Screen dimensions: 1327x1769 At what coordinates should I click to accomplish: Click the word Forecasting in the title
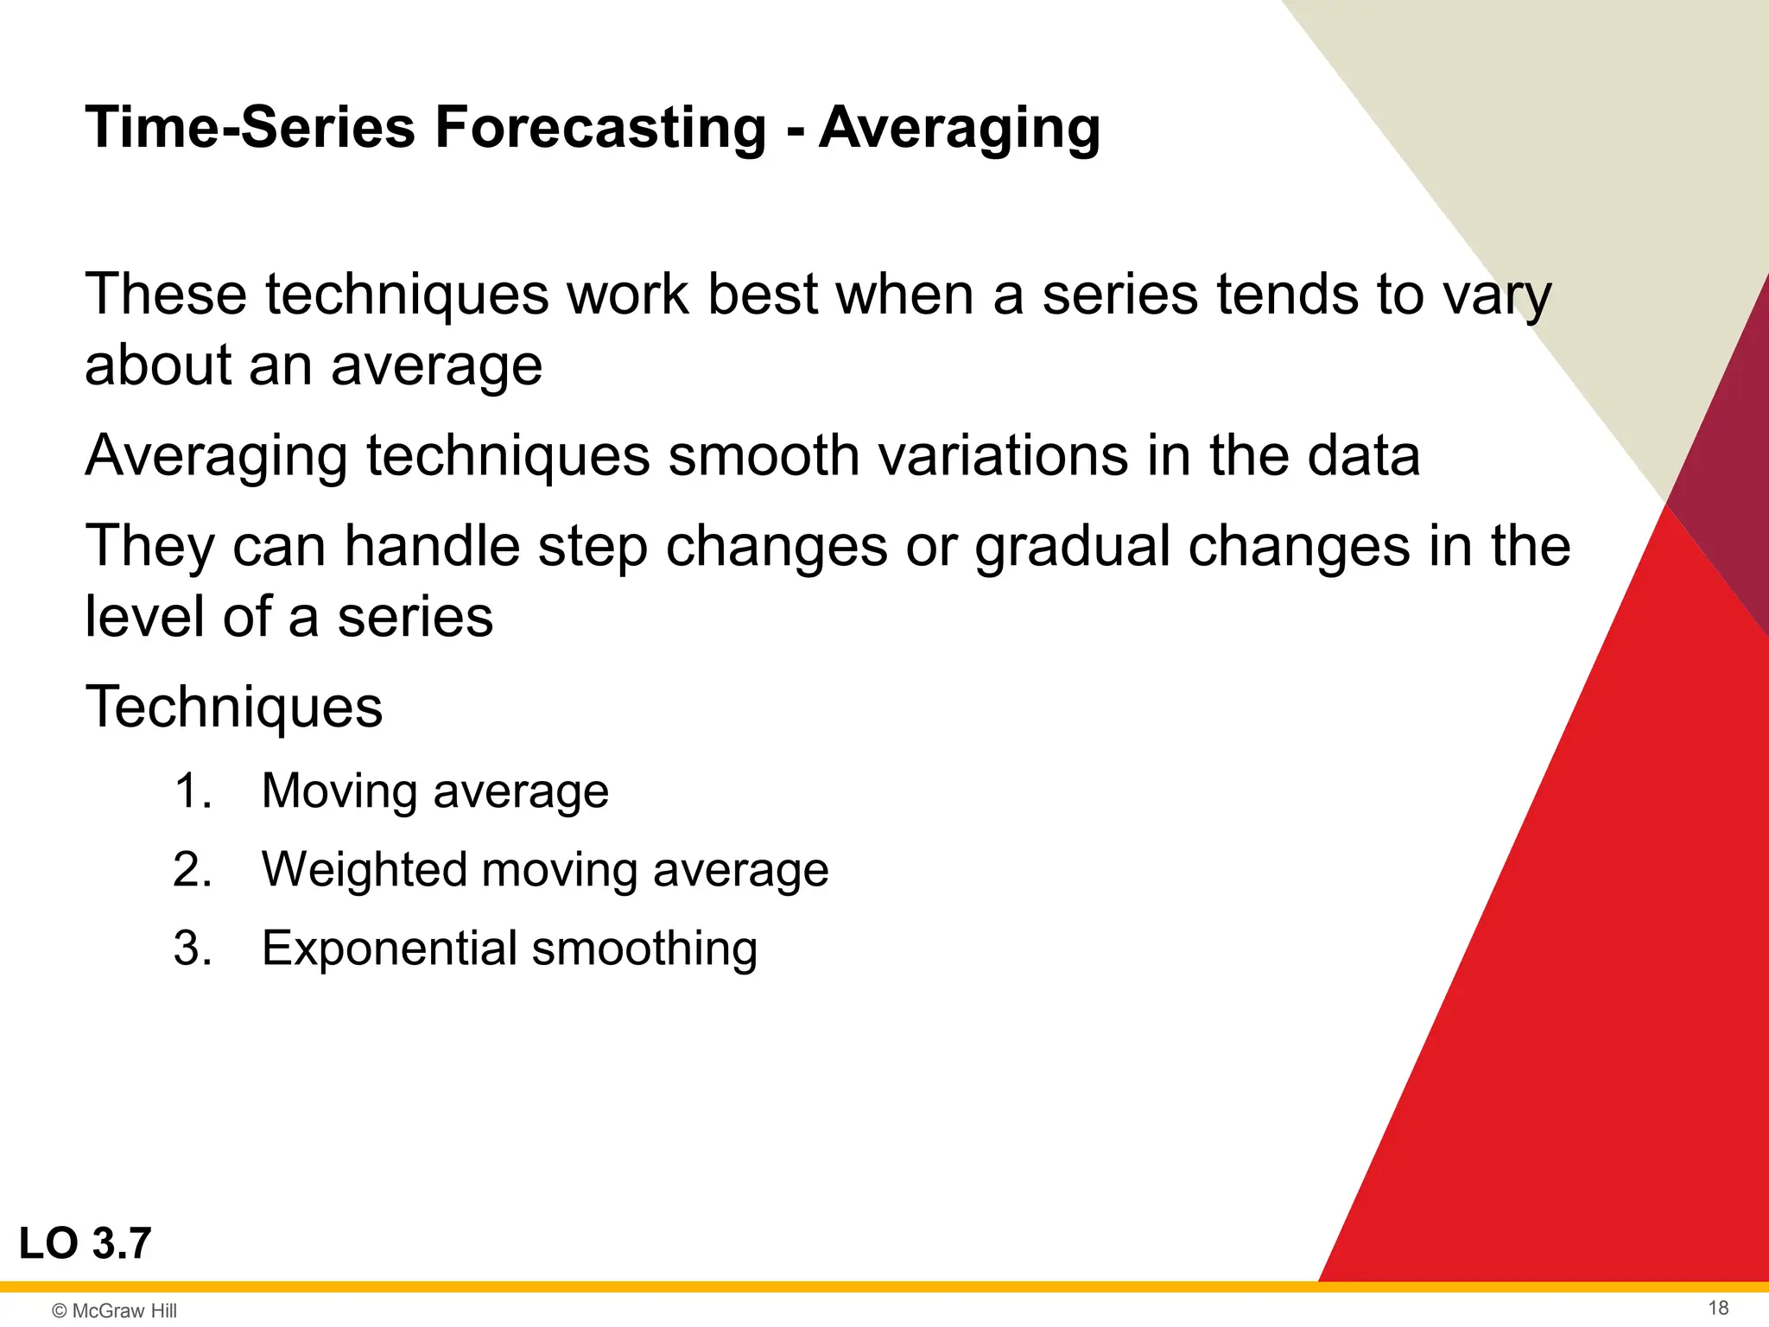(x=599, y=128)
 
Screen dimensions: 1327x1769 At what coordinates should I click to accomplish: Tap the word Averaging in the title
(x=959, y=128)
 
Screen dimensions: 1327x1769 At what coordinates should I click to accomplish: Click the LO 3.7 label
(x=85, y=1244)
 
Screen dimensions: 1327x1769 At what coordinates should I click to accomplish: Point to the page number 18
(x=1718, y=1308)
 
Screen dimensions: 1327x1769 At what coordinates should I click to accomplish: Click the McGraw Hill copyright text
(x=115, y=1311)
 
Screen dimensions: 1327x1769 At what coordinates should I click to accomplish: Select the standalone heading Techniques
(x=233, y=707)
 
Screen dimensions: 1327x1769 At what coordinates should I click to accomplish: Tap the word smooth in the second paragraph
(x=764, y=455)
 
